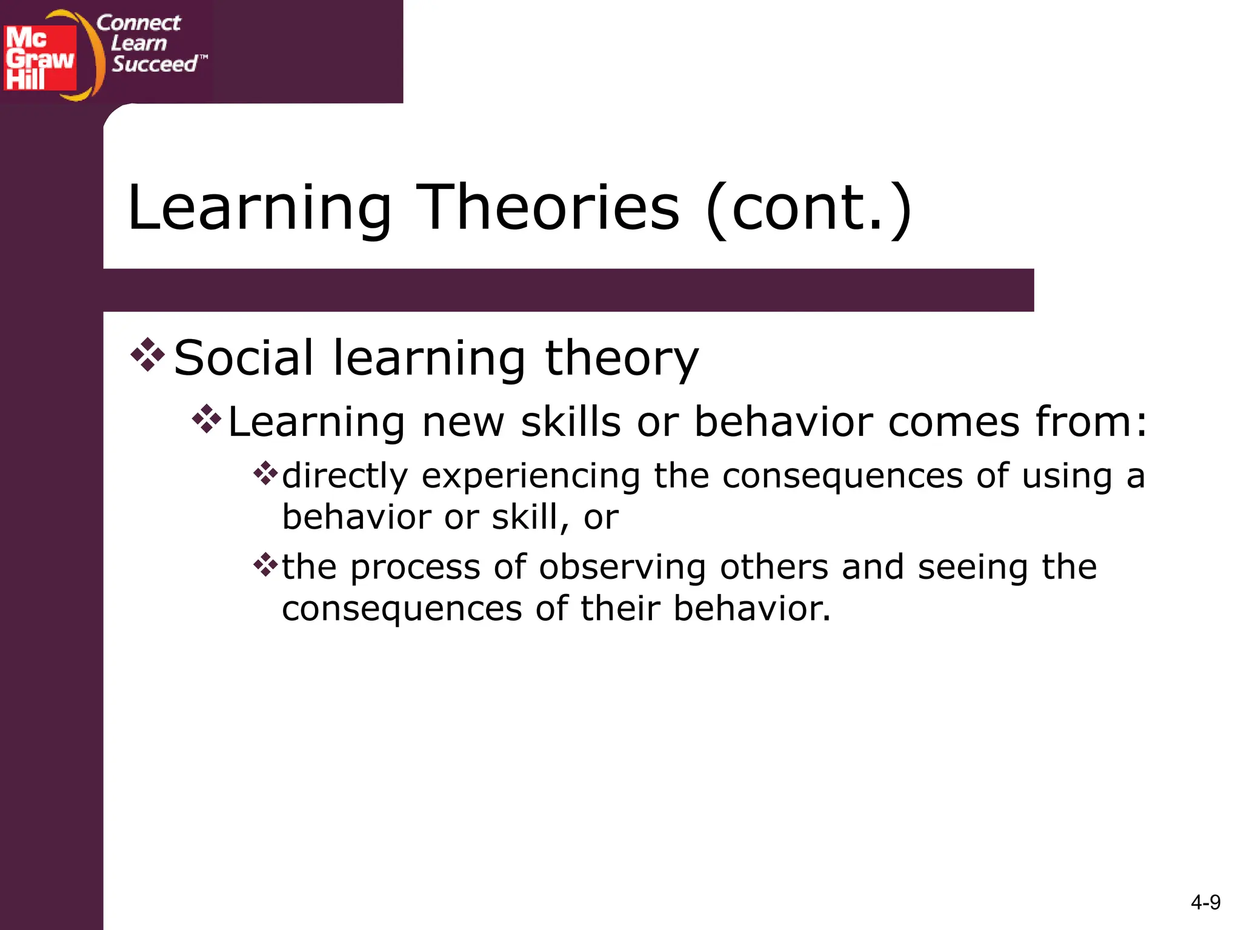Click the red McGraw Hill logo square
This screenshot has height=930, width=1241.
(x=40, y=58)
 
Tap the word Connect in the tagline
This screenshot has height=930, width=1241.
(x=138, y=23)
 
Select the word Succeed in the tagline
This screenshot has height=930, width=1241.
(x=155, y=64)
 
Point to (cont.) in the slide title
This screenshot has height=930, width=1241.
(x=809, y=209)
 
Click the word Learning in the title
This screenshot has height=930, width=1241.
(x=260, y=209)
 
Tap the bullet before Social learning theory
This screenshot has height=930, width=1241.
(x=148, y=355)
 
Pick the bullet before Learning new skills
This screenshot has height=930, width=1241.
(x=207, y=419)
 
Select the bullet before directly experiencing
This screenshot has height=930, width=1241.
(x=265, y=473)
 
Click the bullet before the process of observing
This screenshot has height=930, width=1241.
(x=265, y=565)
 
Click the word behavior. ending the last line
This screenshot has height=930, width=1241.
(x=751, y=608)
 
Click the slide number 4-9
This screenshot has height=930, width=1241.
(x=1205, y=903)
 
